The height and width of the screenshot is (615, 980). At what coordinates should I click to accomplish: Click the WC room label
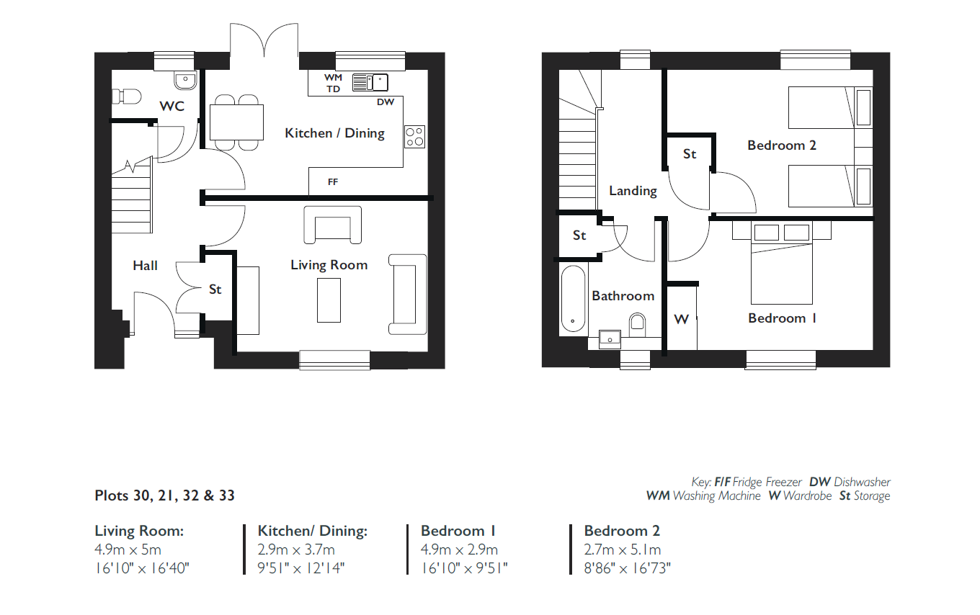click(x=172, y=106)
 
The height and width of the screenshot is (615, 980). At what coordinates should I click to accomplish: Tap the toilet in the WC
click(x=126, y=96)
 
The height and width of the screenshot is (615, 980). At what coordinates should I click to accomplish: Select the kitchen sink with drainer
click(x=370, y=82)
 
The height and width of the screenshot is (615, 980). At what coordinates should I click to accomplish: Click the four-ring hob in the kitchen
click(x=414, y=137)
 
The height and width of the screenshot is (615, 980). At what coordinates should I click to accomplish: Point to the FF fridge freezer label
click(x=333, y=181)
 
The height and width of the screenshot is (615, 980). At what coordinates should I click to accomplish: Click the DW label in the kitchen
click(x=386, y=102)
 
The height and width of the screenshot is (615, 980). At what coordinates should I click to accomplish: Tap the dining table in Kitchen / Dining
click(x=236, y=122)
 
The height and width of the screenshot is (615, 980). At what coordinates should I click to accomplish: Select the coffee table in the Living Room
click(x=329, y=300)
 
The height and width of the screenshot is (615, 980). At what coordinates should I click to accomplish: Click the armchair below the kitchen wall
click(x=333, y=225)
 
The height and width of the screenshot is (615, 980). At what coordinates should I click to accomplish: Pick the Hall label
click(x=146, y=265)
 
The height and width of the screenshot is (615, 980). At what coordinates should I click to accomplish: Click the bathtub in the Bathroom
click(x=573, y=301)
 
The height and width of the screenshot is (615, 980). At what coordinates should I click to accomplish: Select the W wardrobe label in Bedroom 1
click(x=682, y=320)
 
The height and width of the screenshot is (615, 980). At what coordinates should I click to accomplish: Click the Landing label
click(x=633, y=191)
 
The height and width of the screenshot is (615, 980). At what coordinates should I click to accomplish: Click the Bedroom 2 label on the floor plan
click(x=782, y=145)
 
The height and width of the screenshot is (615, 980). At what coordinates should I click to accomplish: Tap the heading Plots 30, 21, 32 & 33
click(x=164, y=495)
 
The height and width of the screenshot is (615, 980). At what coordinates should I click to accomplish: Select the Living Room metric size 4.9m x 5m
click(x=128, y=549)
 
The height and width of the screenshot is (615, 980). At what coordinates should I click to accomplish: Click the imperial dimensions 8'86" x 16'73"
click(x=628, y=568)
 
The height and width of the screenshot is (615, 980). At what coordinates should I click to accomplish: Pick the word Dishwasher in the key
click(x=862, y=482)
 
